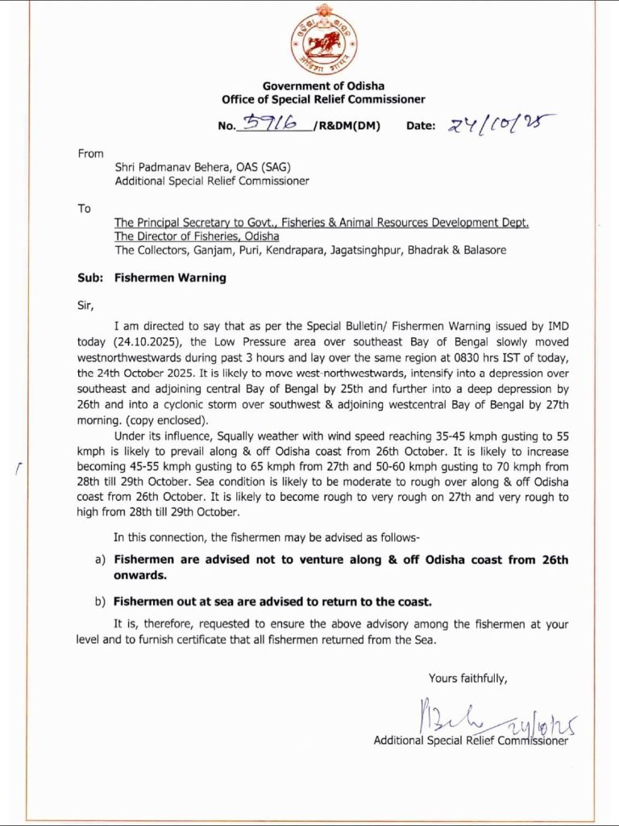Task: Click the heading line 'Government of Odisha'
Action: point(323,86)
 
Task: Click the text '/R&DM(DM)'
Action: point(345,126)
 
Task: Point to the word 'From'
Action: point(91,153)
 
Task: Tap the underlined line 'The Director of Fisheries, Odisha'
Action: point(197,236)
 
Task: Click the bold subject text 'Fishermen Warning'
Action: point(170,277)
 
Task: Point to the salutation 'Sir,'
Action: point(86,305)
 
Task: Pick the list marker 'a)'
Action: point(101,559)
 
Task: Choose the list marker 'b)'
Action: point(100,601)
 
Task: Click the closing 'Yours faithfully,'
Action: point(467,678)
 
